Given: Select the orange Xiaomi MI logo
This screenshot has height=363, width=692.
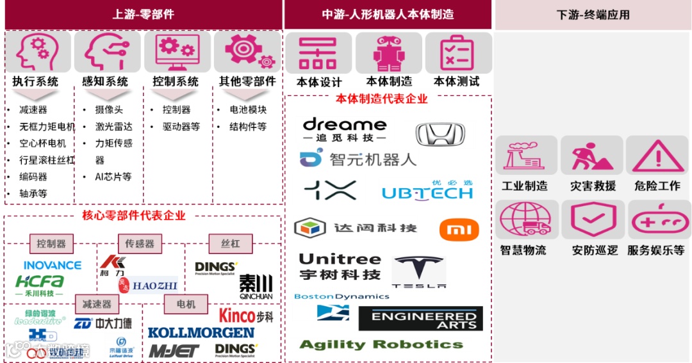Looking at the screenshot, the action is (459, 229).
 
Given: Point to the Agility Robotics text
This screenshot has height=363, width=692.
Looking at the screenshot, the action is (381, 344).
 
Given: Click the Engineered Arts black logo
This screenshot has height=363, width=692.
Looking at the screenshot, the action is (420, 318).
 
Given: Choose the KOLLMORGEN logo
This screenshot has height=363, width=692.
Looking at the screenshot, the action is (201, 332).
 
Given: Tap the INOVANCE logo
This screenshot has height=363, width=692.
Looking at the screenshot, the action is (53, 265).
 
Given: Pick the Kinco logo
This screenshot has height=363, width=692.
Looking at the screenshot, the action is (246, 315).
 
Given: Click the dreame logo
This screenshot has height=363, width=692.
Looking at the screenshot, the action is (344, 129).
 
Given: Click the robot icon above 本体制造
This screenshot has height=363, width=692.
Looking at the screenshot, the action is (388, 54).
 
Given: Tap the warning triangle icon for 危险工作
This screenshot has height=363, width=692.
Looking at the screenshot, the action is (657, 156).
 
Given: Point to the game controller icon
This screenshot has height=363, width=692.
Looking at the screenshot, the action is (657, 221).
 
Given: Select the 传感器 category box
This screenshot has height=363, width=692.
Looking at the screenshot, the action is (140, 243).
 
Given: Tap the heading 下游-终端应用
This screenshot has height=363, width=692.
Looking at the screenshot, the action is (593, 14).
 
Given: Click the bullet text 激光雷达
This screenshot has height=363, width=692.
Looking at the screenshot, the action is (113, 126).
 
